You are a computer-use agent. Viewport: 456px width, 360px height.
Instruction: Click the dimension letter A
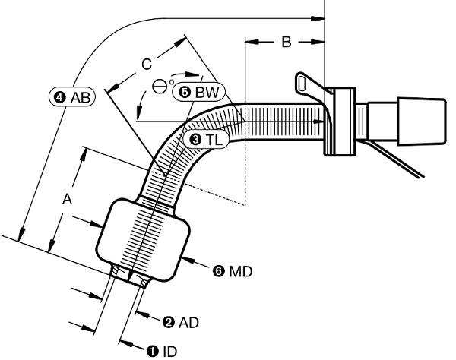click(x=68, y=200)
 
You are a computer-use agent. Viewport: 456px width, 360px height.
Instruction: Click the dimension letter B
click(x=287, y=42)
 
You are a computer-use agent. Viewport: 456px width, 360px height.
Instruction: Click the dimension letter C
click(x=147, y=65)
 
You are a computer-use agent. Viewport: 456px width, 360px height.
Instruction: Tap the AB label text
click(x=81, y=98)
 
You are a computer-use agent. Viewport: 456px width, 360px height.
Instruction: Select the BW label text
click(x=207, y=93)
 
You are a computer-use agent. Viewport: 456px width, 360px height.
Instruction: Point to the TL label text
click(x=214, y=140)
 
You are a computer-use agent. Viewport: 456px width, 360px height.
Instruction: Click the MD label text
click(x=240, y=272)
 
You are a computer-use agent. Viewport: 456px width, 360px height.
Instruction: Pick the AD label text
click(x=188, y=323)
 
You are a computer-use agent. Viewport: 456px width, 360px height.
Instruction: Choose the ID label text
click(x=169, y=352)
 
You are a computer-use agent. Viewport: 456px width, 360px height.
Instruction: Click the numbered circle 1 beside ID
click(x=153, y=352)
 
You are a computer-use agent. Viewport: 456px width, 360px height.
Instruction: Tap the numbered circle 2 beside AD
click(x=169, y=323)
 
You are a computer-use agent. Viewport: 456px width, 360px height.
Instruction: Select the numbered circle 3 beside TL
click(x=196, y=140)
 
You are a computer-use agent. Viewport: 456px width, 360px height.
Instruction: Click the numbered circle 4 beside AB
click(x=60, y=98)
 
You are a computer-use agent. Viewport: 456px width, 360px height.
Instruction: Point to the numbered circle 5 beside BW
click(x=185, y=93)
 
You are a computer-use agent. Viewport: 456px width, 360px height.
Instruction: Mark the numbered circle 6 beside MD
click(x=219, y=272)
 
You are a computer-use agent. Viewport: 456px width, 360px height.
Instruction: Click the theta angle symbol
click(x=160, y=87)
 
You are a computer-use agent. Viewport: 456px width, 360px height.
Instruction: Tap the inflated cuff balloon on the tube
click(x=143, y=240)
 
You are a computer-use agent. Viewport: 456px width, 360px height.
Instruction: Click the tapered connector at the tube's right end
click(x=421, y=122)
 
